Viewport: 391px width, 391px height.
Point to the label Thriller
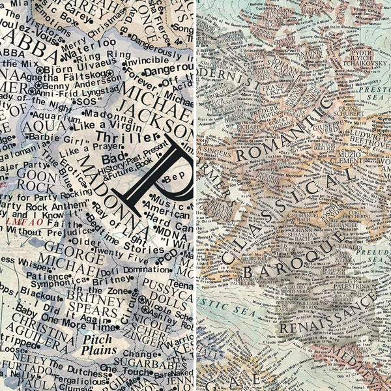point(113,137)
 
